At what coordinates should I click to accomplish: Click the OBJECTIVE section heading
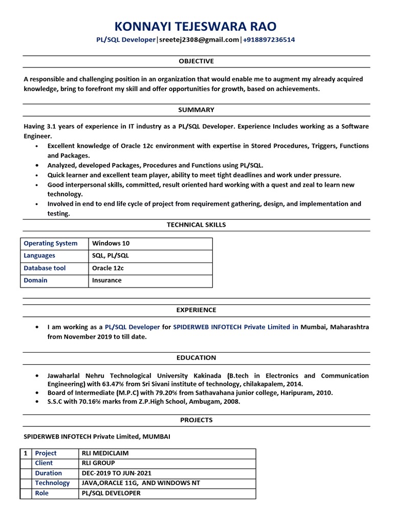pyautogui.click(x=196, y=61)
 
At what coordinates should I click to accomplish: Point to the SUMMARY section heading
pyautogui.click(x=196, y=110)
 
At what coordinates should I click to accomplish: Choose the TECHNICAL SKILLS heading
pyautogui.click(x=196, y=225)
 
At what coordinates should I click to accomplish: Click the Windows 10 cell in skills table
pyautogui.click(x=111, y=244)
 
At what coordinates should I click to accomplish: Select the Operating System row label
pyautogui.click(x=51, y=244)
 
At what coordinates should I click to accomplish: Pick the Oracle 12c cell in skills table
pyautogui.click(x=108, y=268)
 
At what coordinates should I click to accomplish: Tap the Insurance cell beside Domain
pyautogui.click(x=107, y=280)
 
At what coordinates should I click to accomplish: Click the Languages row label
pyautogui.click(x=39, y=256)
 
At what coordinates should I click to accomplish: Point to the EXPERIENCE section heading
pyautogui.click(x=196, y=310)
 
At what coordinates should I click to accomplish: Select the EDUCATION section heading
pyautogui.click(x=196, y=358)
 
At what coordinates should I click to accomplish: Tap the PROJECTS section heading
pyautogui.click(x=196, y=420)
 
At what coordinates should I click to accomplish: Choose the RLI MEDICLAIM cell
pyautogui.click(x=105, y=453)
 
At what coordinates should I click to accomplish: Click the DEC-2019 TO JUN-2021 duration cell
pyautogui.click(x=116, y=473)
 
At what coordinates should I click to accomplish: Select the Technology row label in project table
pyautogui.click(x=52, y=483)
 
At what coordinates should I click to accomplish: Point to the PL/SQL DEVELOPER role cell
pyautogui.click(x=111, y=493)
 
